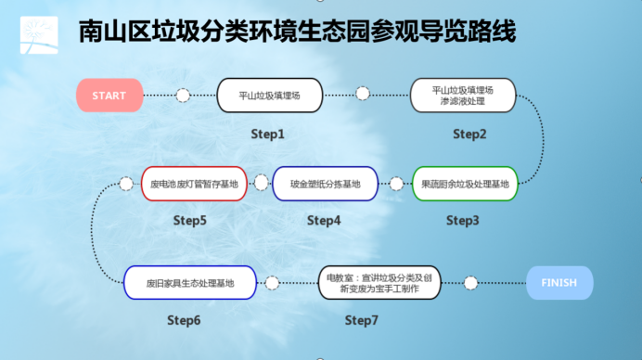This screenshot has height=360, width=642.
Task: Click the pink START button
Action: pyautogui.click(x=109, y=96)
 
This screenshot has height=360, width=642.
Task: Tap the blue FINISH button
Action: pyautogui.click(x=559, y=283)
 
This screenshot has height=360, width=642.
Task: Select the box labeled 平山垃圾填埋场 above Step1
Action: pyautogui.click(x=270, y=96)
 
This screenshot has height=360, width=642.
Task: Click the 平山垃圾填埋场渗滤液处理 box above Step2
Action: pyautogui.click(x=463, y=96)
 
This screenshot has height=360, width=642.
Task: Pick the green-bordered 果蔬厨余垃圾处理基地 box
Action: pyautogui.click(x=465, y=184)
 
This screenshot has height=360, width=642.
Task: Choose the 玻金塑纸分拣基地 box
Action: pyautogui.click(x=325, y=184)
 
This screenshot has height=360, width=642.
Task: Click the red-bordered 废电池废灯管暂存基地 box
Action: pyautogui.click(x=194, y=184)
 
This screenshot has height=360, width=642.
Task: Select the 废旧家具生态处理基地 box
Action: pyautogui.click(x=190, y=283)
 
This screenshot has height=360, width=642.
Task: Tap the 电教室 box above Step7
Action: pyautogui.click(x=379, y=283)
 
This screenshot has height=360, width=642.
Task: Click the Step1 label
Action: pyautogui.click(x=267, y=134)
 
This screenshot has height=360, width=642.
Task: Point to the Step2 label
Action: pyautogui.click(x=469, y=134)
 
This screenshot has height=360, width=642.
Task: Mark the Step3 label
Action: pyautogui.click(x=463, y=220)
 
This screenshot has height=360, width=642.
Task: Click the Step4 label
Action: pyautogui.click(x=324, y=220)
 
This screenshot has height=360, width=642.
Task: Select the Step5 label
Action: pyautogui.click(x=190, y=220)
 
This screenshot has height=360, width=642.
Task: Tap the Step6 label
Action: pyautogui.click(x=184, y=320)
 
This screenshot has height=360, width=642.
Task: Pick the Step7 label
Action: pyautogui.click(x=362, y=320)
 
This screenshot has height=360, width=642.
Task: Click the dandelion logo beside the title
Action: pyautogui.click(x=39, y=35)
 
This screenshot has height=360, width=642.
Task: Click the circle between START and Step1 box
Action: pyautogui.click(x=183, y=96)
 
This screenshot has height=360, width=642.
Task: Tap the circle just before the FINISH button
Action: pyautogui.click(x=471, y=283)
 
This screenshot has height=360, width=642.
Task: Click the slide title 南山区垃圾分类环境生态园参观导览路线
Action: pyautogui.click(x=297, y=32)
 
